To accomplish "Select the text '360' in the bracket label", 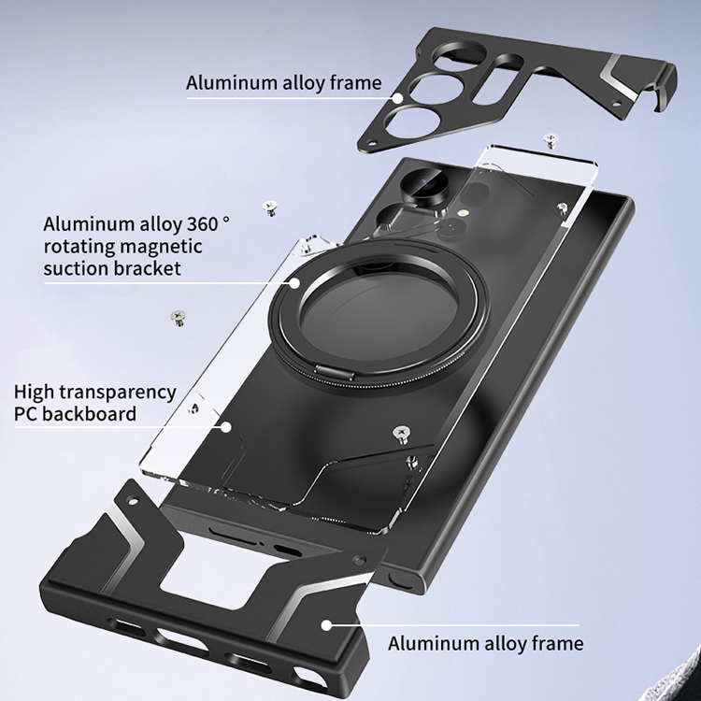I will coord(195,225).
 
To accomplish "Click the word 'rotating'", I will coord(76,247).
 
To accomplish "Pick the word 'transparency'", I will coord(119,392).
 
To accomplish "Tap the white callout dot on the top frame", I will coord(398,96).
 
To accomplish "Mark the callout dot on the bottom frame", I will coord(324,624).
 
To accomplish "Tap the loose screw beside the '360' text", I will coord(270,207).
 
